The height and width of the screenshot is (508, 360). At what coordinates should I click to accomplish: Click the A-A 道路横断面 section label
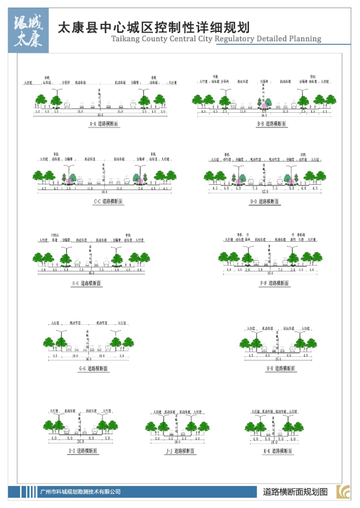point(105,124)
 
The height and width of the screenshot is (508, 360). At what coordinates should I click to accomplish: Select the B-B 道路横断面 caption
point(272,124)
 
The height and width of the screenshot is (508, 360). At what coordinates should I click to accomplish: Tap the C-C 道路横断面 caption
point(108,201)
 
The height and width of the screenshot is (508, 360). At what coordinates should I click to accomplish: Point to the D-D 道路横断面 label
point(265,201)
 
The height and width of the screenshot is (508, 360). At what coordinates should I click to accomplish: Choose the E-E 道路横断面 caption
point(87,283)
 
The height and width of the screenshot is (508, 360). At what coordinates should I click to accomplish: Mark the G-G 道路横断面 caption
point(94,369)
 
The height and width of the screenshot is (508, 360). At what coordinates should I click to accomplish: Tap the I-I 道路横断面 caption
point(83,450)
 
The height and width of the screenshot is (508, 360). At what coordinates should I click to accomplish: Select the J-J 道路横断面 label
point(181,450)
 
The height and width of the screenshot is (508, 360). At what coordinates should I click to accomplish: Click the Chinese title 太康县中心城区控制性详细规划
point(154,28)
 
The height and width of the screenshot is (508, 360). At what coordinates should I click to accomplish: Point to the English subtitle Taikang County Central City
point(216,39)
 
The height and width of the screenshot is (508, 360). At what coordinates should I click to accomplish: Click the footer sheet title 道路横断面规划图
point(295,491)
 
